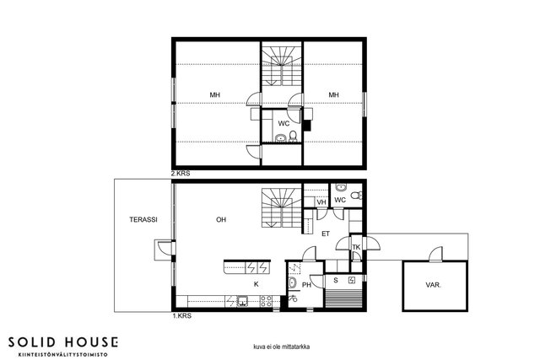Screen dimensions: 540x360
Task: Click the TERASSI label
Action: click(x=143, y=219)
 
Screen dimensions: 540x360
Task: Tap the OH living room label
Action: click(x=221, y=219)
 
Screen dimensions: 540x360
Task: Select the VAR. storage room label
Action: click(x=434, y=285)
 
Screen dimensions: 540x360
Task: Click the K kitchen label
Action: click(x=256, y=284)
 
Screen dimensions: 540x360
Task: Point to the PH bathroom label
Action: click(x=306, y=285)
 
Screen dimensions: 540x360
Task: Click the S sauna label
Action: click(x=336, y=281)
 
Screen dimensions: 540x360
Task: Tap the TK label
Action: click(x=356, y=247)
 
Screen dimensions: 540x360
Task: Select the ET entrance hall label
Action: click(x=326, y=234)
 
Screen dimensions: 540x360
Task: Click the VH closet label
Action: click(x=321, y=202)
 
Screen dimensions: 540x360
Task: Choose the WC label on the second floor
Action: click(x=283, y=124)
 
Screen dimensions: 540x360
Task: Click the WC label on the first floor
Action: click(x=340, y=200)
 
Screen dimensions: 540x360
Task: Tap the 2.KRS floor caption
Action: click(x=181, y=174)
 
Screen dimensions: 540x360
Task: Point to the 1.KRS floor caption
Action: click(x=181, y=316)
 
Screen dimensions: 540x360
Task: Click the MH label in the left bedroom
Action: click(x=215, y=95)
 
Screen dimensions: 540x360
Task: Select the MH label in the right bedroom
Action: click(x=333, y=95)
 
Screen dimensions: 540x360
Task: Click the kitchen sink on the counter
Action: click(x=242, y=301)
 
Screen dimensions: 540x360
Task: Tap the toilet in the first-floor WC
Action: click(x=356, y=196)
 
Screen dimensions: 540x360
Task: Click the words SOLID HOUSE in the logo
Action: click(x=63, y=342)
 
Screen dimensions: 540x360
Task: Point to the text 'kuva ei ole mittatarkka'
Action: click(x=281, y=347)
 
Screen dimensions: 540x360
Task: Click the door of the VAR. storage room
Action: click(x=436, y=255)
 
